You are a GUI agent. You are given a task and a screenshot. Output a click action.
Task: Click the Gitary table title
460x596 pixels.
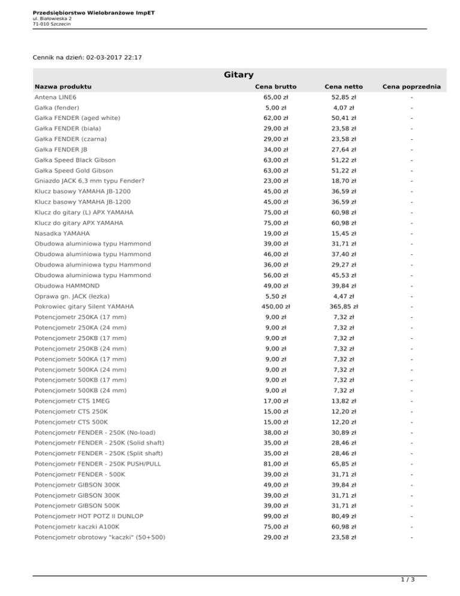click(238, 75)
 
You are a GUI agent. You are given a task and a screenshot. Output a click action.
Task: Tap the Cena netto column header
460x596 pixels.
click(344, 87)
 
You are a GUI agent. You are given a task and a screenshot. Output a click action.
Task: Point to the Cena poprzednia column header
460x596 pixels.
click(412, 87)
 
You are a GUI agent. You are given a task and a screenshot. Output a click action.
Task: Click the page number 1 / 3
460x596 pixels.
click(407, 580)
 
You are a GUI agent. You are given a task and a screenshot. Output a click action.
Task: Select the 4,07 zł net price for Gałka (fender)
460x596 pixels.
click(344, 107)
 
